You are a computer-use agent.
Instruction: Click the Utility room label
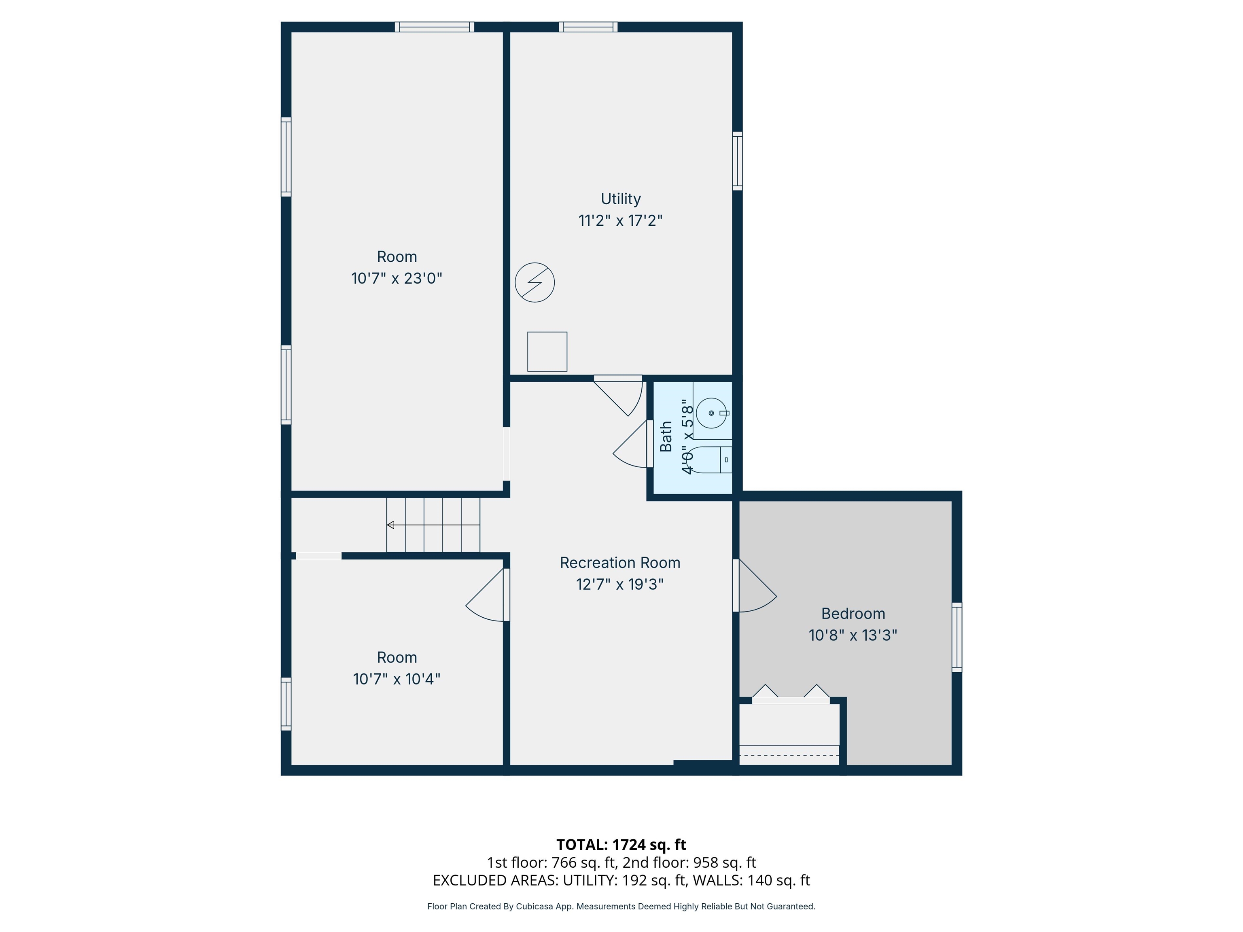coord(620,199)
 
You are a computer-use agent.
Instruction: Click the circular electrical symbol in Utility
coord(535,283)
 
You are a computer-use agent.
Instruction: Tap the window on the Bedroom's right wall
coord(957,637)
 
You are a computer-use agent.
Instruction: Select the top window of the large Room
coord(435,27)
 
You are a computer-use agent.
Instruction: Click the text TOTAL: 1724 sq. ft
coord(621,844)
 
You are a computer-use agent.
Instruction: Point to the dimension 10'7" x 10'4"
coord(397,679)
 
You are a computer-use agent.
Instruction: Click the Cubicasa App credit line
coord(621,906)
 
